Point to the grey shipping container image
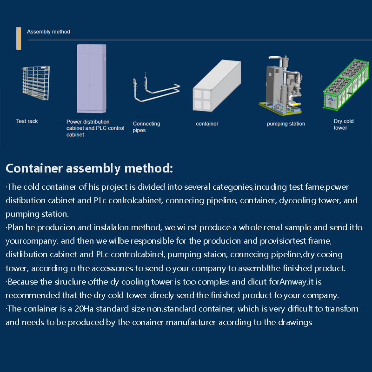pos(217,87)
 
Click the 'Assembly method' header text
pos(48,32)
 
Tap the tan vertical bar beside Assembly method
pos(19,38)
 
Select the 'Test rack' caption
pos(27,121)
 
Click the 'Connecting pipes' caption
pos(146,127)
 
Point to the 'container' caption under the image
pos(207,124)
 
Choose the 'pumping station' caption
pos(286,124)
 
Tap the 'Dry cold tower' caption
pos(344,124)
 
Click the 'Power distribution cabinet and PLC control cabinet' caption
pos(95,128)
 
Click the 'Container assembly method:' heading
pos(89,168)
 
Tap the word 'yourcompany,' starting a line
pos(28,241)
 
